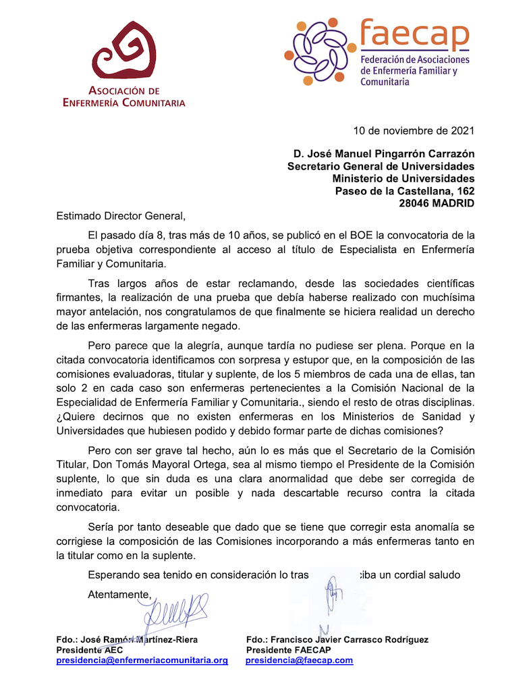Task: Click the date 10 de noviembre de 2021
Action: (x=414, y=130)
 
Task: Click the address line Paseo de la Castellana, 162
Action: (x=405, y=191)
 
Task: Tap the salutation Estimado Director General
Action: (x=120, y=216)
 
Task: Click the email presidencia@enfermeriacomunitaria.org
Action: (x=142, y=660)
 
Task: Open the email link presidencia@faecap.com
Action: (x=299, y=660)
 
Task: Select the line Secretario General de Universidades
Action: (x=381, y=167)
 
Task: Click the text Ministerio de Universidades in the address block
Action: (x=403, y=179)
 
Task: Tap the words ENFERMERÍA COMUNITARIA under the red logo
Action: (x=123, y=103)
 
